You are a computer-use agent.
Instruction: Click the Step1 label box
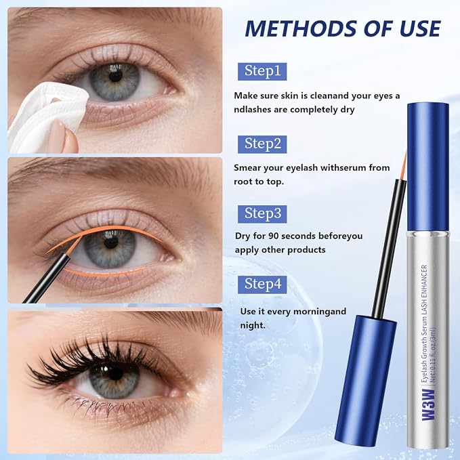262,71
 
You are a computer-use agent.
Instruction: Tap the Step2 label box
262,144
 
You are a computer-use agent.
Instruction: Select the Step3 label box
262,214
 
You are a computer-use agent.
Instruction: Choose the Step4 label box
262,285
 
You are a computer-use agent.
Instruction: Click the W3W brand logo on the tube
429,405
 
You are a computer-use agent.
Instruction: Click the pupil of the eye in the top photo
116,77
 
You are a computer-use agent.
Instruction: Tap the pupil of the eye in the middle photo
111,243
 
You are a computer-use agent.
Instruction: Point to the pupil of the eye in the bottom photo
116,373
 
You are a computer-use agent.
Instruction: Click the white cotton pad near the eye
47,114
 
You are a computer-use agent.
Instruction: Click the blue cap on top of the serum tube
428,167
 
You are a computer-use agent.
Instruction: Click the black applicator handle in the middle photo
46,278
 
